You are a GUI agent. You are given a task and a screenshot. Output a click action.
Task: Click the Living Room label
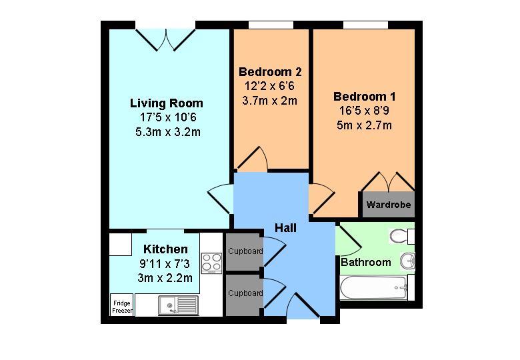click(x=166, y=103)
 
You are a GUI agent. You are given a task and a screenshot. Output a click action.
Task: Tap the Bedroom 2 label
click(x=270, y=72)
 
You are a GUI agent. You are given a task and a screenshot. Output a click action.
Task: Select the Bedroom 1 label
click(x=363, y=97)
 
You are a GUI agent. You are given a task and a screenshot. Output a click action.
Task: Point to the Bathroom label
click(x=366, y=262)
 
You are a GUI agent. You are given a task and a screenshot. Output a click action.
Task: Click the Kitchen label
click(x=165, y=249)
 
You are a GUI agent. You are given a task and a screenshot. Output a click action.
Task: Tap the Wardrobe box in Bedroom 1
click(x=388, y=205)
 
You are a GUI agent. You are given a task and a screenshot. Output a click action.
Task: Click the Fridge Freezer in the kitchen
click(x=122, y=306)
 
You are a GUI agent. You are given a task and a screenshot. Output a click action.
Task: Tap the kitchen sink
click(x=178, y=305)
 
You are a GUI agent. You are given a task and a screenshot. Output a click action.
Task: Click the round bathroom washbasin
click(x=408, y=261)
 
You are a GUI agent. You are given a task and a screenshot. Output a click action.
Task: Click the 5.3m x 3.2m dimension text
click(x=167, y=131)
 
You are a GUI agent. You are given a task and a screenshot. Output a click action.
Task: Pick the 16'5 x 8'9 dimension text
click(x=363, y=111)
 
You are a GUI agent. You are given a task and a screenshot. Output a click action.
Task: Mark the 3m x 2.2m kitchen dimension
click(x=165, y=278)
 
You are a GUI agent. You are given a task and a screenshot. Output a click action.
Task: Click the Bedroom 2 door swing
click(x=253, y=159)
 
